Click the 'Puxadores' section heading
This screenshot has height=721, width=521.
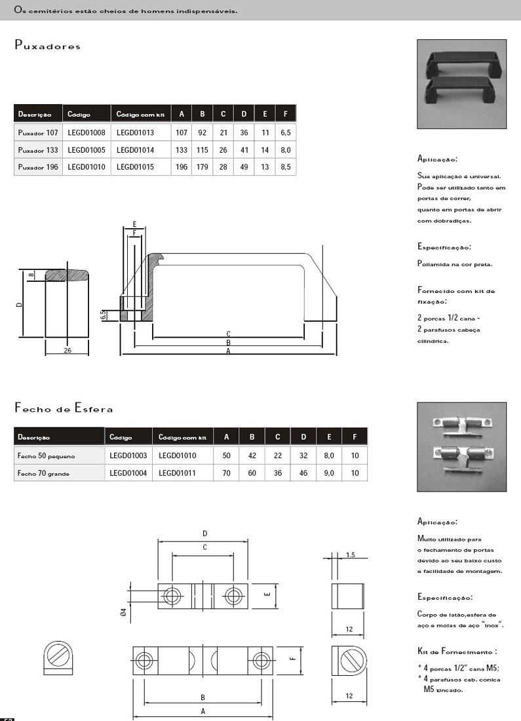point(47,47)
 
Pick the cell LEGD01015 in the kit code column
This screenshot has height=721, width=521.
point(135,167)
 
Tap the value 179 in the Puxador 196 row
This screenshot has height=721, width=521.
point(202,167)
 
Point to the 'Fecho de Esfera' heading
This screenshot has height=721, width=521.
point(64,409)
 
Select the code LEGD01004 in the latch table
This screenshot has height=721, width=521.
point(128,472)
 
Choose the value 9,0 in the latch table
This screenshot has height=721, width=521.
point(329,472)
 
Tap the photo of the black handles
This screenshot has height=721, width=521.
point(461,83)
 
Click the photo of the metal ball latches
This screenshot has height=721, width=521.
point(461,446)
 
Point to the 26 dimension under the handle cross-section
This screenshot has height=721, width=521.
point(68,350)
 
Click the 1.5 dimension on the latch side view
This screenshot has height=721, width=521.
point(350,555)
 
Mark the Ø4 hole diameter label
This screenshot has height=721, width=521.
point(123,612)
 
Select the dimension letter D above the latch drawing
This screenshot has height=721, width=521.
point(204,534)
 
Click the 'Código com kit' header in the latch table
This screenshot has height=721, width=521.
point(183,437)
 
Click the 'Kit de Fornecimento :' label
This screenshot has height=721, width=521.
point(457,652)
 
